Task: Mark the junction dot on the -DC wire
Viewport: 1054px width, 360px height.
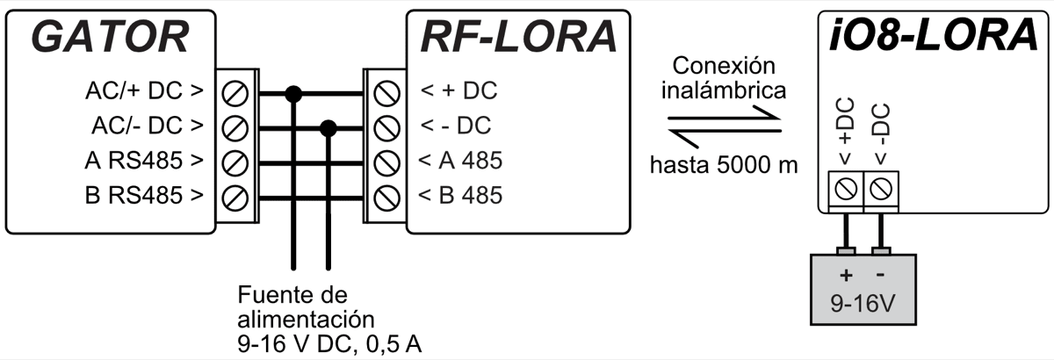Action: pos(328,129)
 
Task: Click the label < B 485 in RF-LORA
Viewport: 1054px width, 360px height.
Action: pos(460,195)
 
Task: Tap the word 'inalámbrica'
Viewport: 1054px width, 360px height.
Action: pos(725,90)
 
